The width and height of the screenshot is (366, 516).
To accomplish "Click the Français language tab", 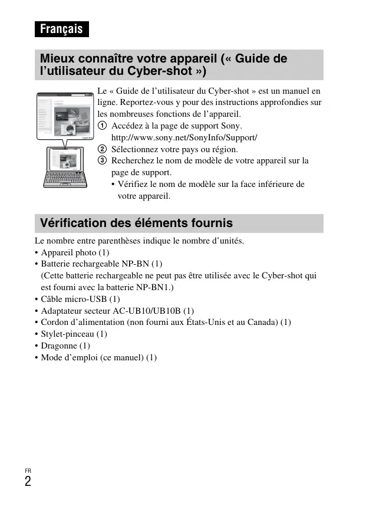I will (x=61, y=29).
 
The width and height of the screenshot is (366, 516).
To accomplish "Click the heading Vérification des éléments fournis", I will (x=136, y=224).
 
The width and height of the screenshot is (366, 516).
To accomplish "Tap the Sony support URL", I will (x=184, y=137).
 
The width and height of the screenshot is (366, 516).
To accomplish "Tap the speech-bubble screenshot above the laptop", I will (x=65, y=116).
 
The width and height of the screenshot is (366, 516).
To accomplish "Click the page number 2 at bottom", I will (x=28, y=482).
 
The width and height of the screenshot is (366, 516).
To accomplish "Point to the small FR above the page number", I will (x=28, y=471).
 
